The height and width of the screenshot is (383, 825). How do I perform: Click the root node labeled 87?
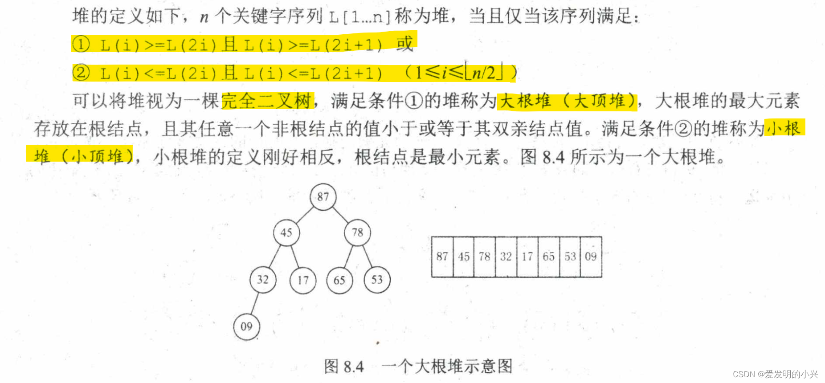click(x=323, y=196)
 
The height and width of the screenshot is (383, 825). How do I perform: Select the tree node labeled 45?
click(x=286, y=232)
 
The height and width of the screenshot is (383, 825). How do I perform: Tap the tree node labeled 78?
click(x=357, y=232)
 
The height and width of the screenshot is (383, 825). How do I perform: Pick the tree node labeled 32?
click(x=263, y=279)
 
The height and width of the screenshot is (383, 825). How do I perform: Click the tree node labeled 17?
click(x=303, y=280)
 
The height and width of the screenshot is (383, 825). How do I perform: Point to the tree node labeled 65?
click(x=339, y=280)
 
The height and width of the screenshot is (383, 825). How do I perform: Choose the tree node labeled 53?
click(x=377, y=279)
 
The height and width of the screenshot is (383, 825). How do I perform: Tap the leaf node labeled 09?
click(x=246, y=326)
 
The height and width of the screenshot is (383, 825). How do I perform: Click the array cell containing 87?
click(x=442, y=257)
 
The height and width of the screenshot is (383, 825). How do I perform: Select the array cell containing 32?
click(x=506, y=257)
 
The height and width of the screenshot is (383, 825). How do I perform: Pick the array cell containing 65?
click(x=548, y=257)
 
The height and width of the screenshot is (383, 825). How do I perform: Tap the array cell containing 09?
click(x=591, y=257)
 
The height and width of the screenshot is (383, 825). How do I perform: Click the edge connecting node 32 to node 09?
click(x=254, y=303)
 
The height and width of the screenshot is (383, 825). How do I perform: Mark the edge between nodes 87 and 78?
click(x=340, y=215)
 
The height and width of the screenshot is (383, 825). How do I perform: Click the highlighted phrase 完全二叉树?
click(x=267, y=101)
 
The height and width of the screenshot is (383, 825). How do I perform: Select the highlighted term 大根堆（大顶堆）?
click(x=567, y=101)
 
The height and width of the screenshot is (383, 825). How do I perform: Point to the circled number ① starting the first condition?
click(x=81, y=45)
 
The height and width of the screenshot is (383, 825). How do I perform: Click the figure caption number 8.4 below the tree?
click(x=354, y=367)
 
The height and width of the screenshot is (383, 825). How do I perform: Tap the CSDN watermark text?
click(x=775, y=374)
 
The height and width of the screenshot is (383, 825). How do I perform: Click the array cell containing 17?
click(x=527, y=257)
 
